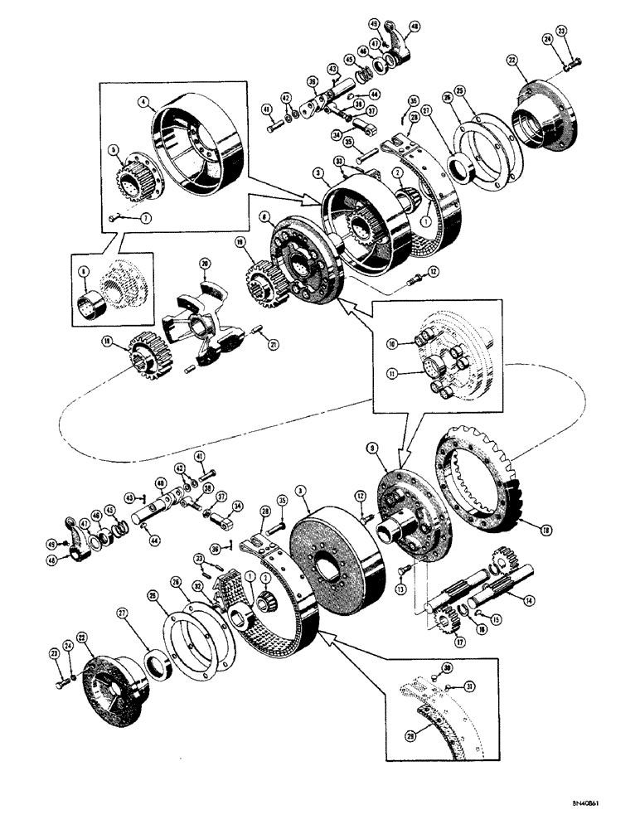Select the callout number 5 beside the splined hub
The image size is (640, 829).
point(118,151)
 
